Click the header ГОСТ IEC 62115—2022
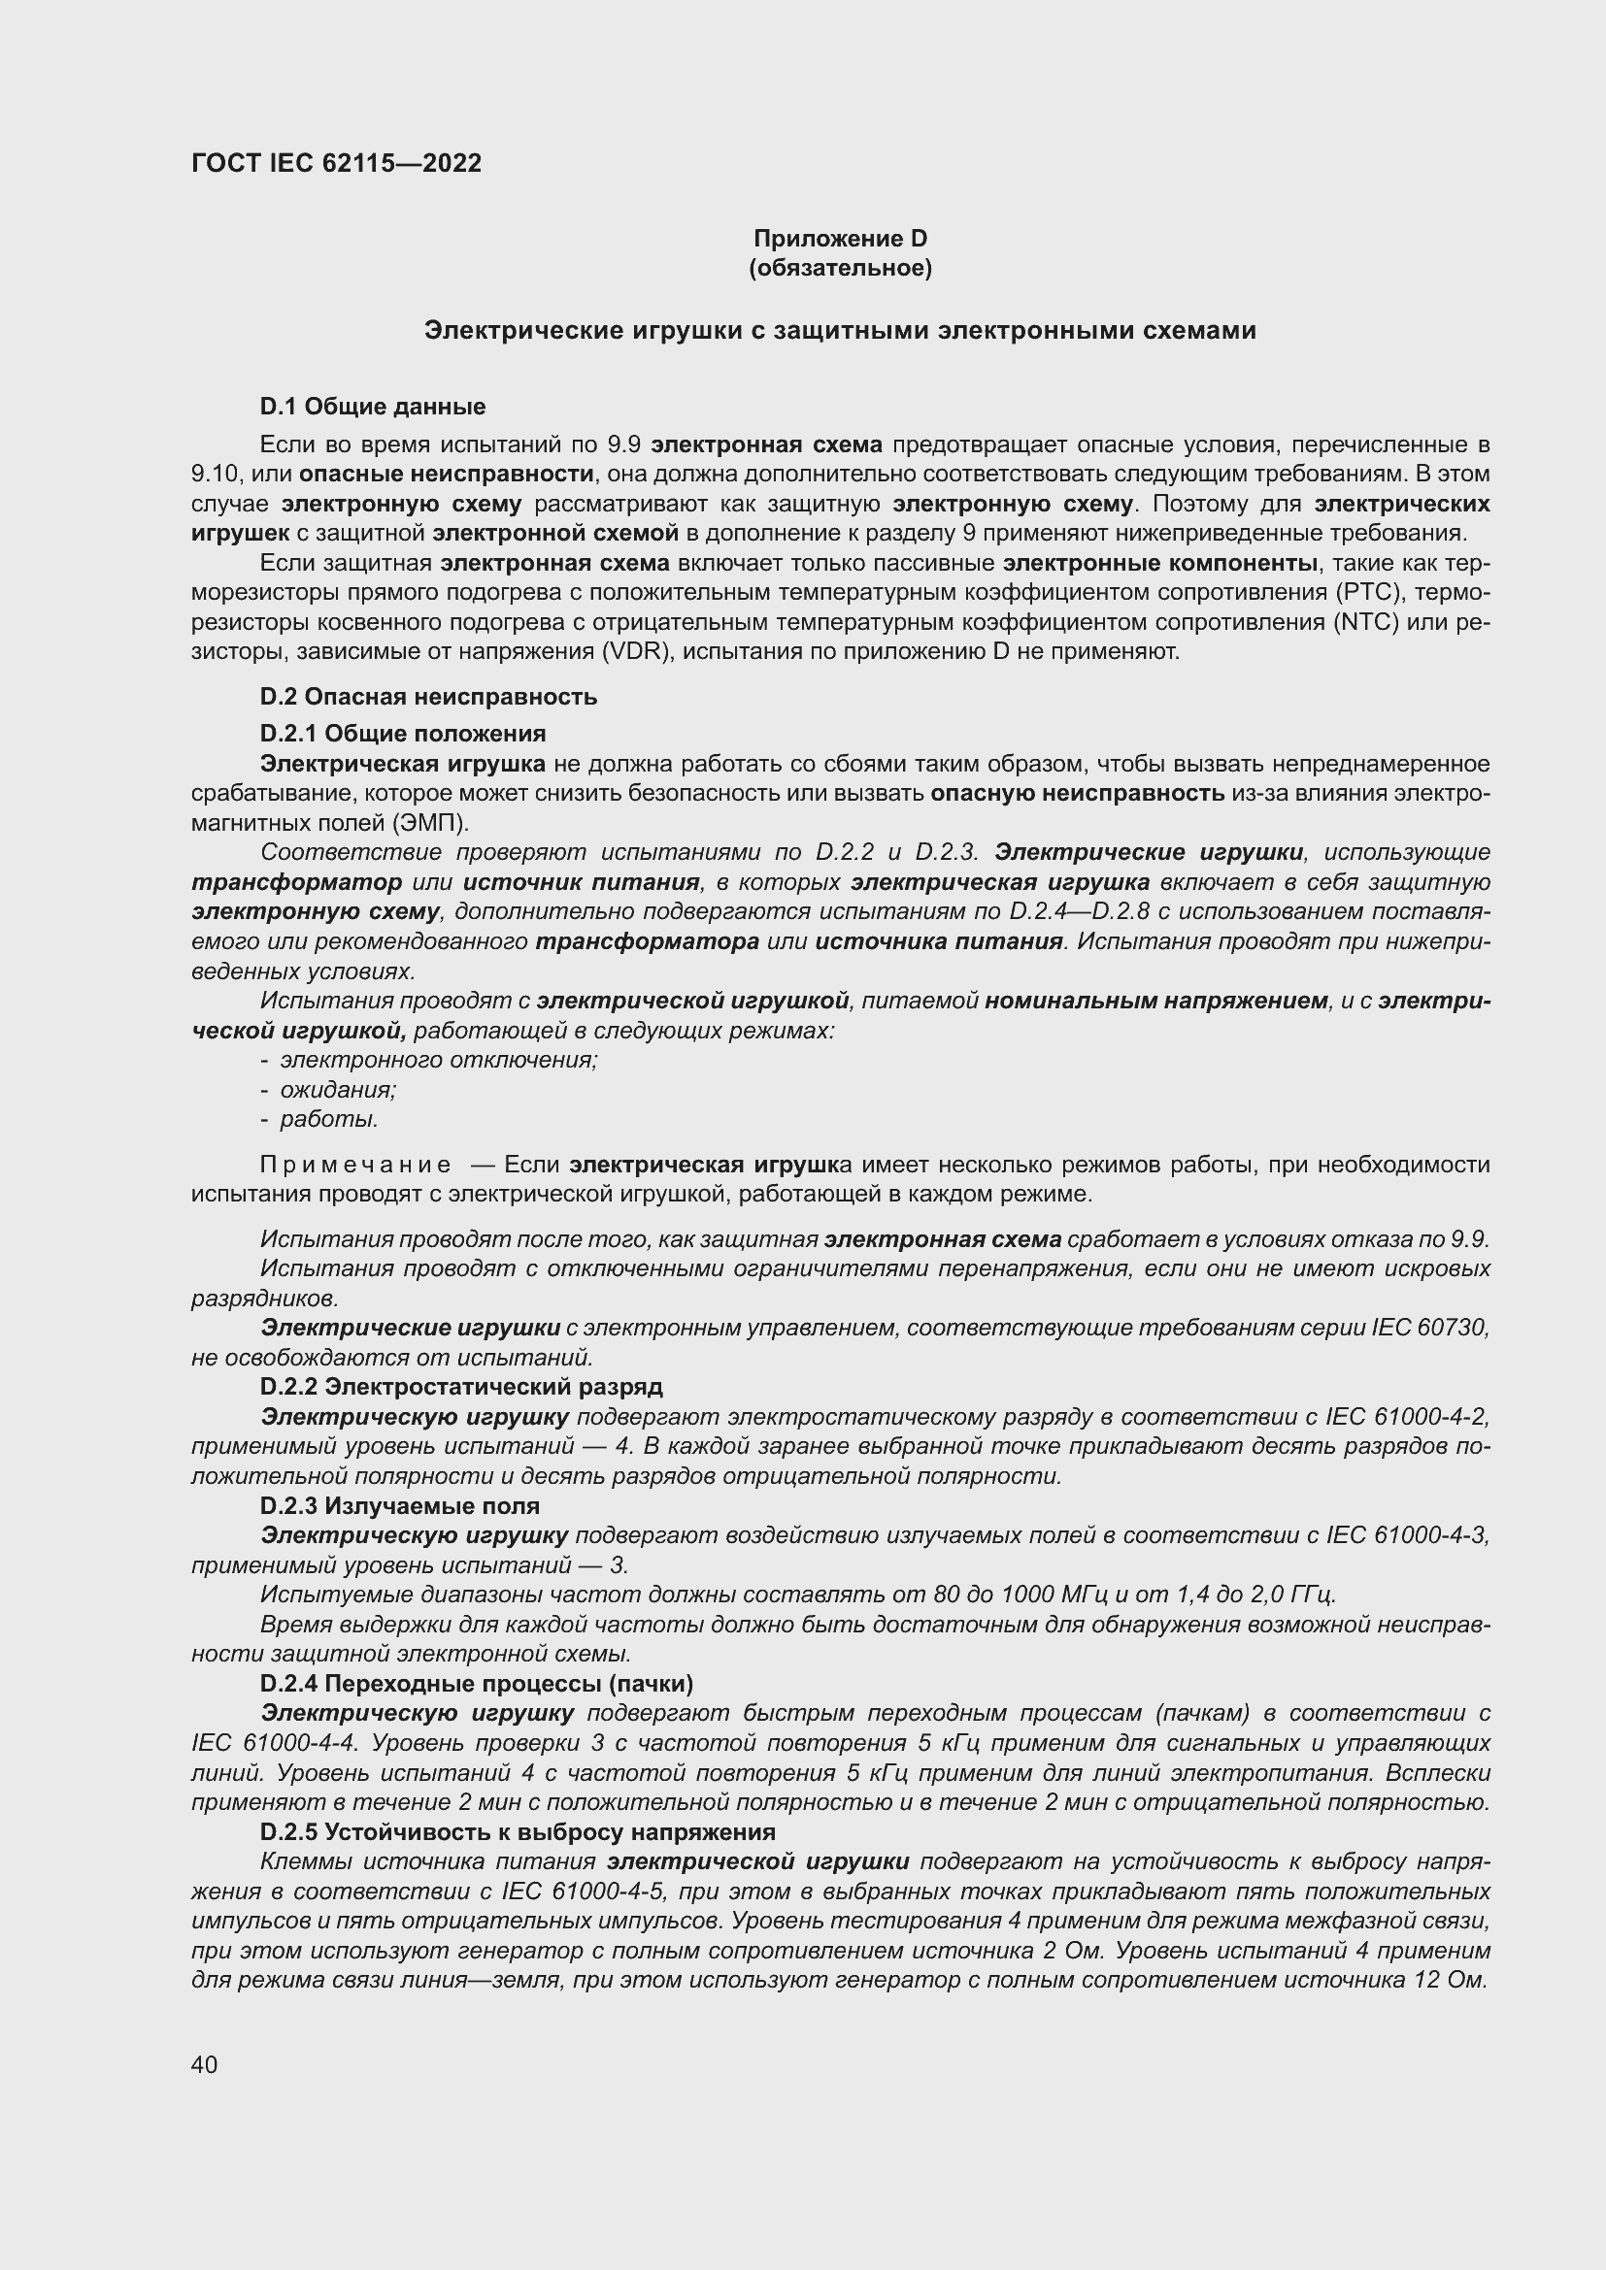tap(336, 163)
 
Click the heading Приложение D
tap(840, 239)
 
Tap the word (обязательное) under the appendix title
tap(840, 268)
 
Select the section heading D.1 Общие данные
tap(373, 407)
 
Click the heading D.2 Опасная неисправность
tap(428, 697)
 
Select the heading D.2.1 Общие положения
tap(403, 734)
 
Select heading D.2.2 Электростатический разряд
tap(461, 1387)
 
